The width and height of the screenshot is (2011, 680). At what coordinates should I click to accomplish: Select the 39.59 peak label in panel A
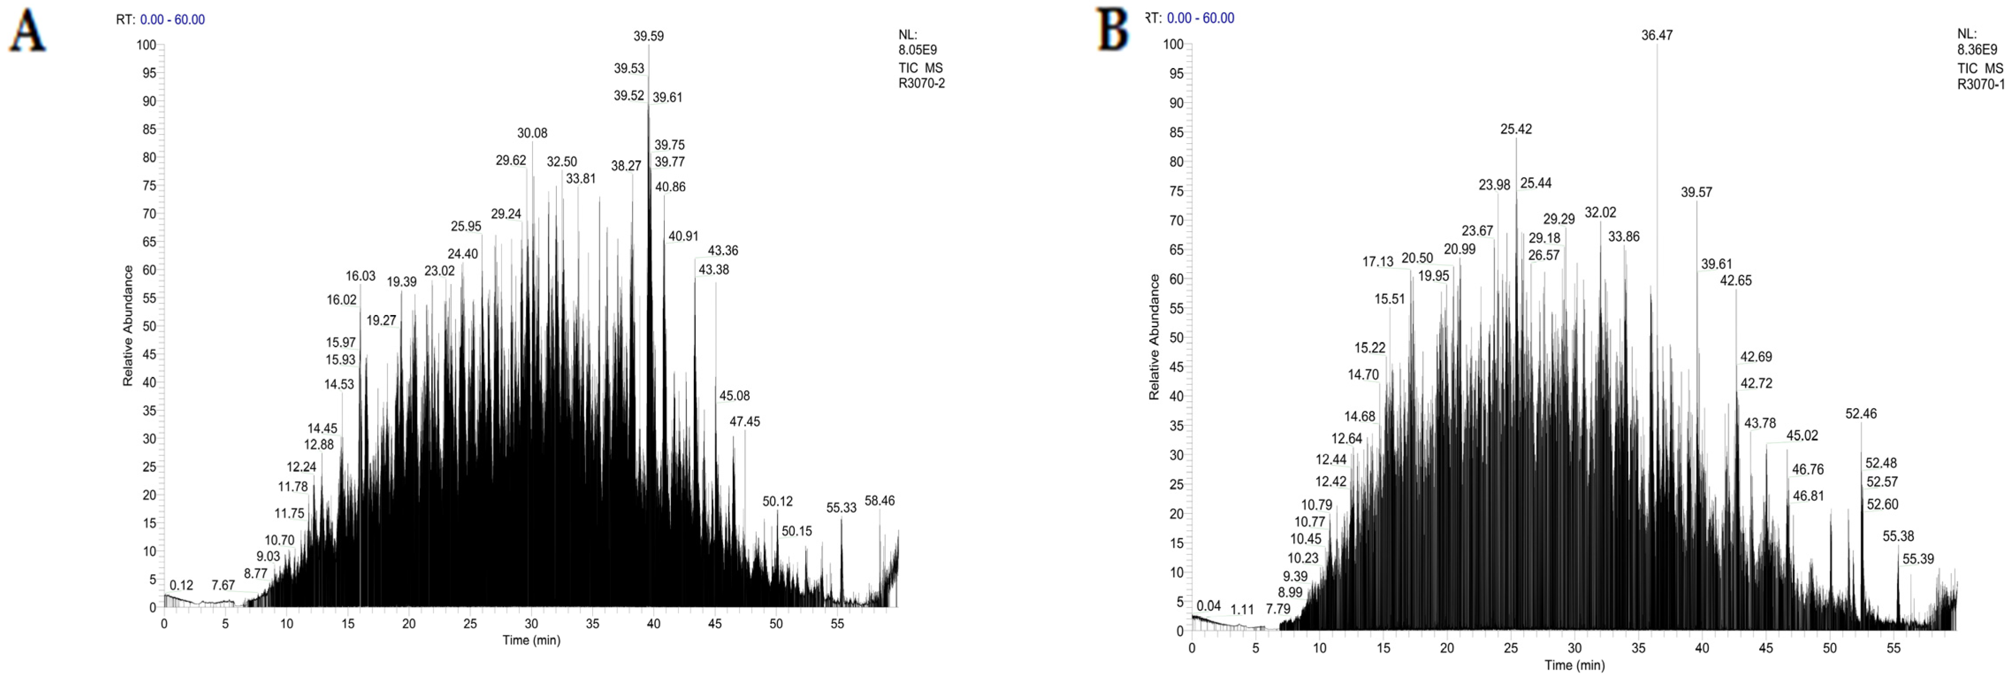(649, 36)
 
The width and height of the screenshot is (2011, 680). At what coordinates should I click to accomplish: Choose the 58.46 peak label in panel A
(880, 501)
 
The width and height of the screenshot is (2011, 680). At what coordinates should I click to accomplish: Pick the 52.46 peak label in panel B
(1861, 414)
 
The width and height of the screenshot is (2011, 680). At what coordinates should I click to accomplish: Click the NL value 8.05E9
(917, 50)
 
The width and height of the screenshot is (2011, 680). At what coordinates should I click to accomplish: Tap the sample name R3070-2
(921, 84)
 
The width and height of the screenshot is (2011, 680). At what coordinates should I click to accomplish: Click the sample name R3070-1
(1981, 84)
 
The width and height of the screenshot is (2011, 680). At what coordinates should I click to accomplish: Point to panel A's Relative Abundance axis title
(128, 326)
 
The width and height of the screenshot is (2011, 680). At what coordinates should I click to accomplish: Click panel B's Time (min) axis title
(1575, 665)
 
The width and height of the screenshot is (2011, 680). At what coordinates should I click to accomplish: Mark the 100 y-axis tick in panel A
(146, 45)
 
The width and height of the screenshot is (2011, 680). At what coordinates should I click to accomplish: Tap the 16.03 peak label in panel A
(361, 276)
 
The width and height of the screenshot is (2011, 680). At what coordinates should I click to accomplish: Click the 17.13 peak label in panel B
(1378, 262)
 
